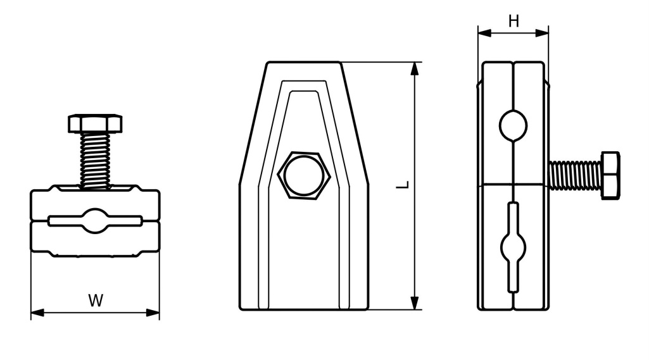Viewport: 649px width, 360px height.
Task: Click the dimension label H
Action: (514, 22)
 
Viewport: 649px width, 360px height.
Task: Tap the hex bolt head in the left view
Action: (95, 123)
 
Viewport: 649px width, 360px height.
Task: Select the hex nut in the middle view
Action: (303, 174)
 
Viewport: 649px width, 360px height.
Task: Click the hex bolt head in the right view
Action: (610, 175)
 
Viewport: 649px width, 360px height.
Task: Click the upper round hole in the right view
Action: (513, 125)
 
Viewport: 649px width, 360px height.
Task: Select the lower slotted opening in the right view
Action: (513, 247)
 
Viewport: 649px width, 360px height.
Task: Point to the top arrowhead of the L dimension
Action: (415, 68)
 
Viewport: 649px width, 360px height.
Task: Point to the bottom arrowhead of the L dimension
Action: (415, 302)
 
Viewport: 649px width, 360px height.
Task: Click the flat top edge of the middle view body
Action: (304, 62)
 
